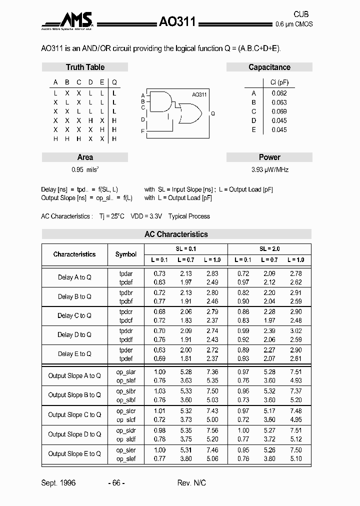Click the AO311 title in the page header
click(x=177, y=21)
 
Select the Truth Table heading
click(x=85, y=67)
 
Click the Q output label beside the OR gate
click(x=213, y=114)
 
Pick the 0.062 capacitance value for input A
click(x=279, y=93)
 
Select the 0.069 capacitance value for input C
click(x=279, y=111)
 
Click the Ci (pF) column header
click(x=279, y=82)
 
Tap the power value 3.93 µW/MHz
click(x=269, y=169)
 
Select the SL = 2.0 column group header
click(x=269, y=248)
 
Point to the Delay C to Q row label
click(x=74, y=315)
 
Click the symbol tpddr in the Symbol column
click(x=126, y=331)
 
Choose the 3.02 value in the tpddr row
click(x=296, y=331)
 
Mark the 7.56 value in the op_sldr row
click(x=212, y=430)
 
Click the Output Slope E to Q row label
click(x=74, y=453)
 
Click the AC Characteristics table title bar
click(x=176, y=234)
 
